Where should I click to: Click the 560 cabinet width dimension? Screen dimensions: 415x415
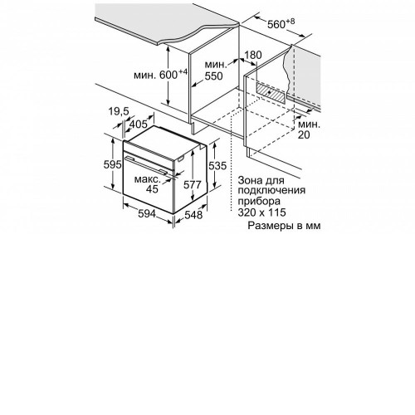point(281,24)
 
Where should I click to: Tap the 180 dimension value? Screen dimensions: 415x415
point(253,55)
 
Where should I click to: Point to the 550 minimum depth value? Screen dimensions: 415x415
point(213,76)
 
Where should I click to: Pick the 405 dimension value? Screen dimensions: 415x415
point(139,124)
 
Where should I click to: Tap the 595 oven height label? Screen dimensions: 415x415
point(113,164)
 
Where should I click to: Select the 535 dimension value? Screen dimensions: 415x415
point(217,165)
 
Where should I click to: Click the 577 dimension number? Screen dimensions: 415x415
point(193,184)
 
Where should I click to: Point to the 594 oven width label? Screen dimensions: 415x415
point(147,213)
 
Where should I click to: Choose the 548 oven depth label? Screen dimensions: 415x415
point(193,214)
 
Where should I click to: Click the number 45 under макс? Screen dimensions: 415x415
point(152,189)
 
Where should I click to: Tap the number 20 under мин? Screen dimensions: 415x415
point(304,134)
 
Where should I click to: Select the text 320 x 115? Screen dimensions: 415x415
point(261,212)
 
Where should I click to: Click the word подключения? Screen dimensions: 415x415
point(271,191)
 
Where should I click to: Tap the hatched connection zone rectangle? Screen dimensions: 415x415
point(271,93)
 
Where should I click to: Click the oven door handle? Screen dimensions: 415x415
point(146,166)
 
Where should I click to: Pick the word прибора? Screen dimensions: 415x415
point(259,202)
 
